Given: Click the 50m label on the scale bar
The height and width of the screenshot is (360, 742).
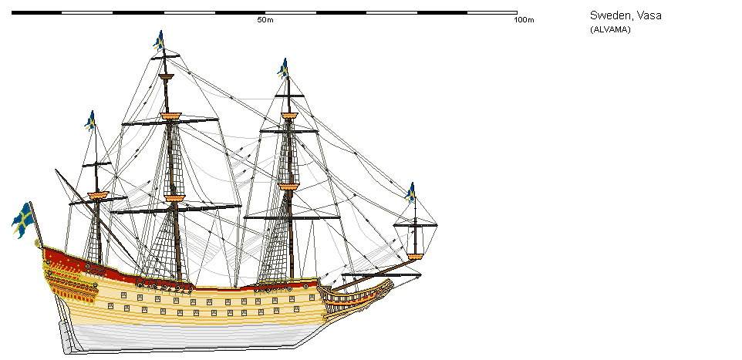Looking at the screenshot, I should point(265,19).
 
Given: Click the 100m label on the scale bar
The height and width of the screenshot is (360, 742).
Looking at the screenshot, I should point(524,19).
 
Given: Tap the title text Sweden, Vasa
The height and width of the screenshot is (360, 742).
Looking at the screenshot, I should point(626,15).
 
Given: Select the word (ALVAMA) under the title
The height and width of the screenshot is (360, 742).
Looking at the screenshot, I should point(610,29).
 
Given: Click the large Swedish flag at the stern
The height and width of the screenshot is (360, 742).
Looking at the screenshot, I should point(22,219).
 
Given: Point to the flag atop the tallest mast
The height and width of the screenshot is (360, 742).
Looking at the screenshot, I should point(159,40).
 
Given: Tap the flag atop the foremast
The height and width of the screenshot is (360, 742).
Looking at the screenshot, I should point(283,68).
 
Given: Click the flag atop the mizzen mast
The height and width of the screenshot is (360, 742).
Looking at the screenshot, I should point(90,120).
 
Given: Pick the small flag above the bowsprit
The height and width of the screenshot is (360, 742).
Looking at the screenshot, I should point(411,191).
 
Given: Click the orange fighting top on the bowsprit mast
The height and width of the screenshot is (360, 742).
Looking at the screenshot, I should point(416,256).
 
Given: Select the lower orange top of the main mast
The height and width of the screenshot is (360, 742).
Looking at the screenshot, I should point(174,199).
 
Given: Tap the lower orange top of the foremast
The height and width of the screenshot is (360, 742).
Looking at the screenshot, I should point(288,187).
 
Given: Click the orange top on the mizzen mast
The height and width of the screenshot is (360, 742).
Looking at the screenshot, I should point(97,196).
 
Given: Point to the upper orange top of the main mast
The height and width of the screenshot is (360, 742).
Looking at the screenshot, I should point(170,116).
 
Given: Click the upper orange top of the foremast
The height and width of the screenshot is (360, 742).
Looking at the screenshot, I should point(289,116).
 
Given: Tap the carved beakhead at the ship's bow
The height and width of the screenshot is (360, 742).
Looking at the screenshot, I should point(363,297).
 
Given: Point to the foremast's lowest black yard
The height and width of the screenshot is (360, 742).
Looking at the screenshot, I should point(282,218).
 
